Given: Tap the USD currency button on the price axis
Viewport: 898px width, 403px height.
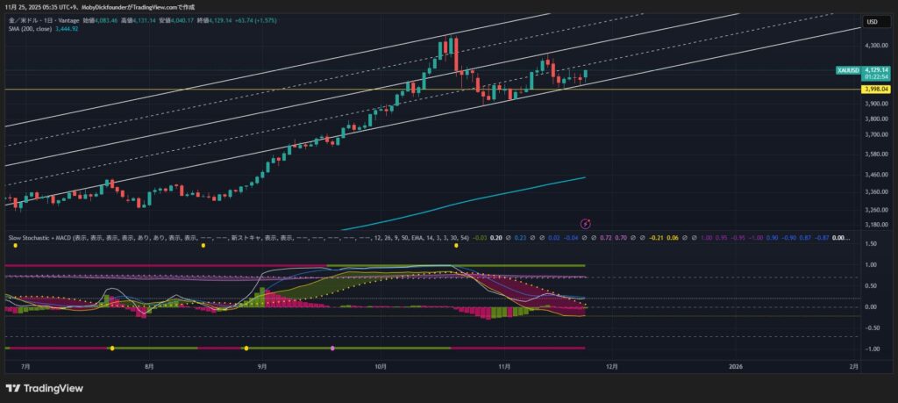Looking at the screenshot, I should [x=873, y=21].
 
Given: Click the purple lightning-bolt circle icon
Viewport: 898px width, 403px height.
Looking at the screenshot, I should [x=588, y=224].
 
